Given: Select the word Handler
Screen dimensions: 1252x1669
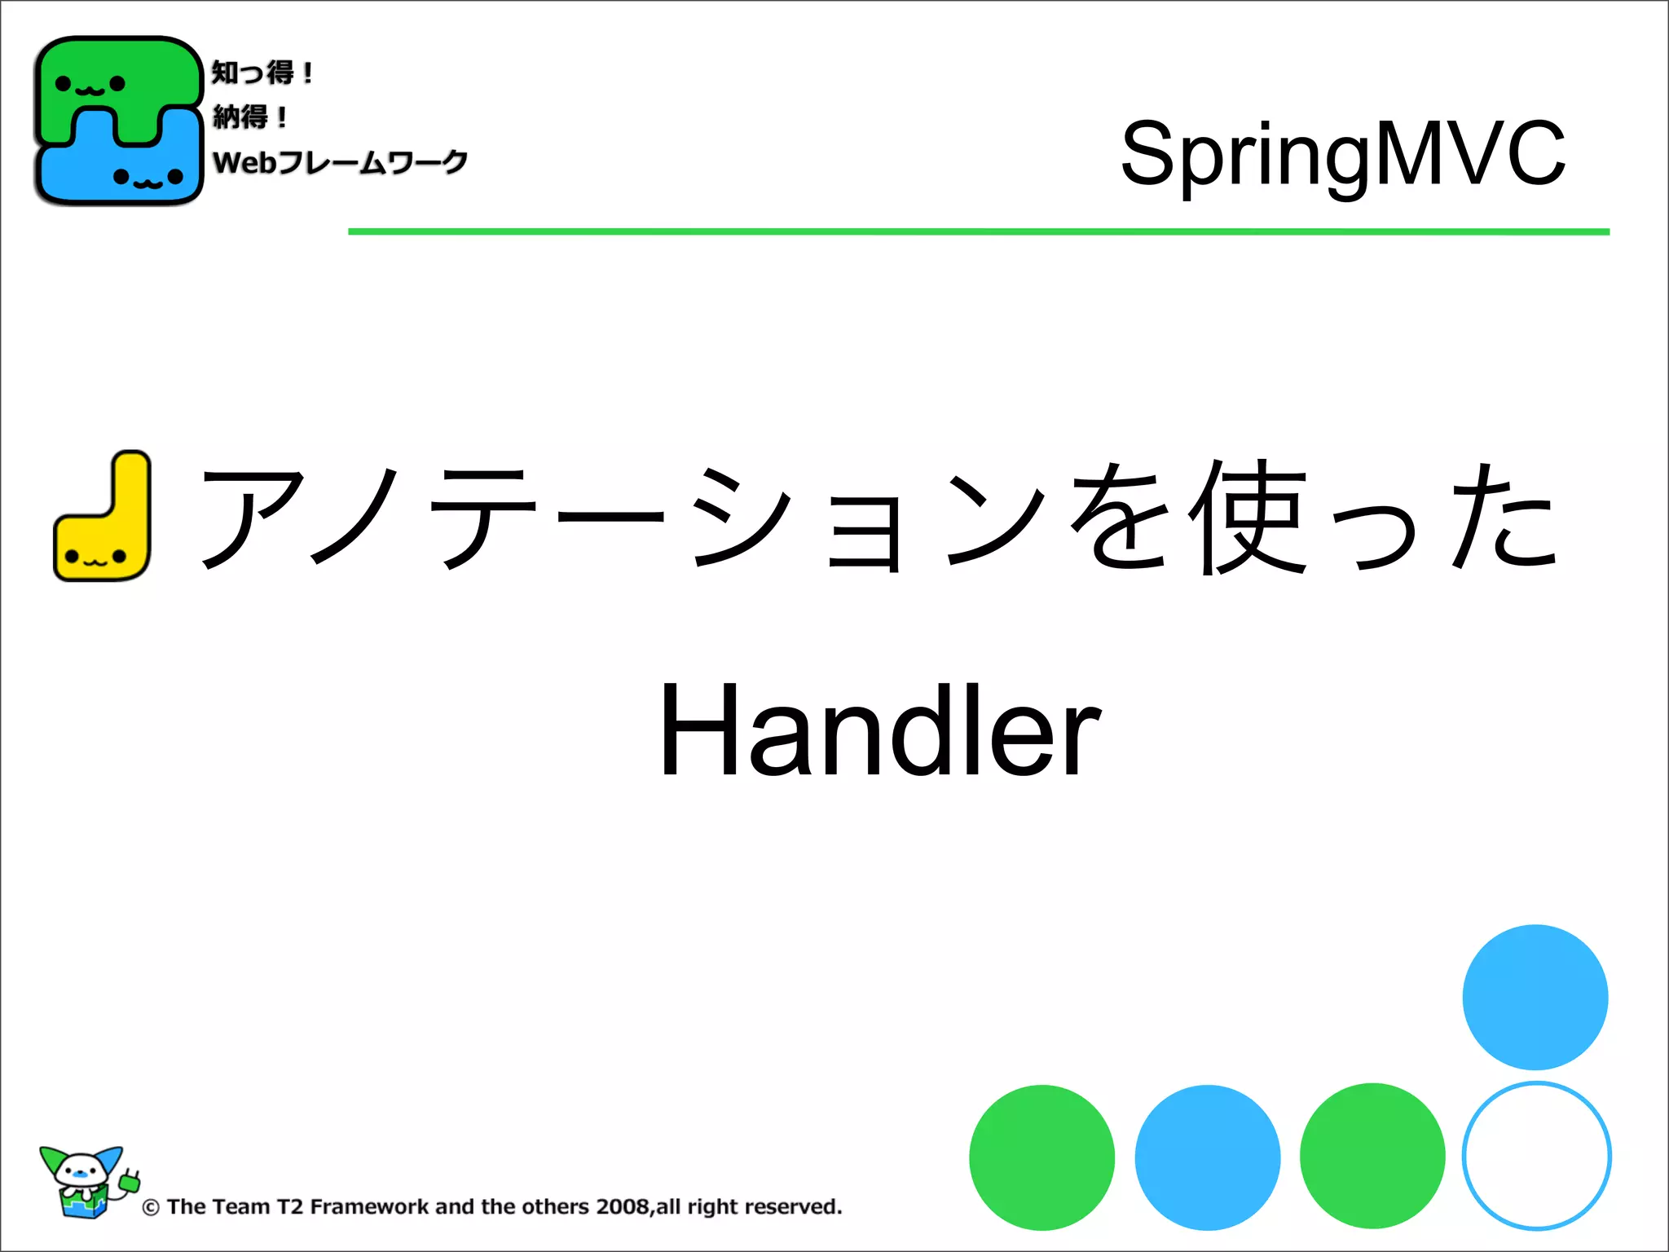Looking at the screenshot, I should [x=880, y=731].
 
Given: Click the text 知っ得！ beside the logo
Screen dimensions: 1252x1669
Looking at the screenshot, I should [x=262, y=73].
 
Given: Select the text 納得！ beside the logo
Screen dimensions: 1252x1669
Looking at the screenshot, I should [x=249, y=117].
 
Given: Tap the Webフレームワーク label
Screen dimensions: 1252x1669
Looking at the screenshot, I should [x=340, y=162].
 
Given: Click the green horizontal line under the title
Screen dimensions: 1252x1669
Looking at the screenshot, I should [x=978, y=232].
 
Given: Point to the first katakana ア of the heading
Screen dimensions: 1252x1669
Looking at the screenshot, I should [x=253, y=518].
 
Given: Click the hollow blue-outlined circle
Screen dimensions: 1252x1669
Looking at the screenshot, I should [x=1536, y=1156].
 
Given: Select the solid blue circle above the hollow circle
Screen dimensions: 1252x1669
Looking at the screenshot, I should [x=1535, y=997].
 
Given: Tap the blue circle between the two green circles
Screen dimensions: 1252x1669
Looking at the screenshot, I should [x=1207, y=1157].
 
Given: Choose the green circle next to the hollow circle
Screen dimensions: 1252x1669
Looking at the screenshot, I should [x=1372, y=1156].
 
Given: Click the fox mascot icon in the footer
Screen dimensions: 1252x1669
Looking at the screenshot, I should [x=86, y=1182].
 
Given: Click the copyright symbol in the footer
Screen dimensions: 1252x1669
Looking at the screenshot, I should [x=151, y=1208].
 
